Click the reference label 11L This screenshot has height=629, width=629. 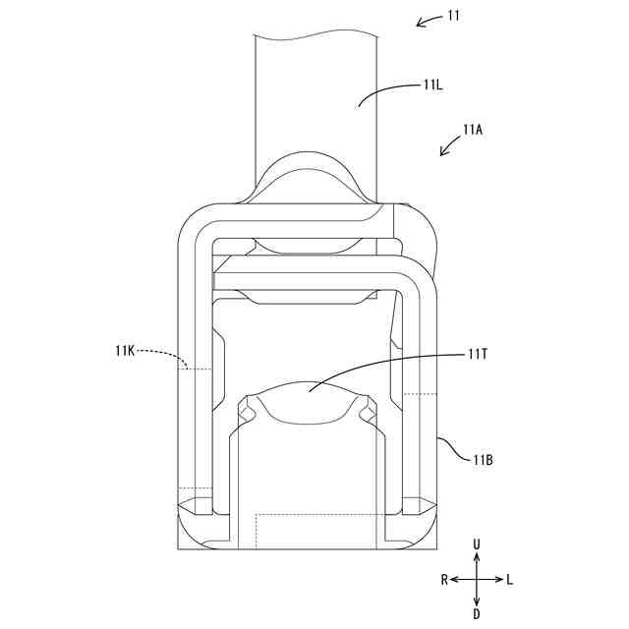[432, 86]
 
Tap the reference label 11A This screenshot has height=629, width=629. [473, 130]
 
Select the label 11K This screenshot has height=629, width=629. [125, 352]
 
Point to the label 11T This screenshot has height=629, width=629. [477, 355]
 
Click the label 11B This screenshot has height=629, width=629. [483, 460]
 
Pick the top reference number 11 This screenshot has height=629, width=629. [454, 16]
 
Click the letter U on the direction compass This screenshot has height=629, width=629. [477, 544]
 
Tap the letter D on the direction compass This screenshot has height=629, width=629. [477, 613]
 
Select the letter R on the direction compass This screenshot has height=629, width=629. [444, 580]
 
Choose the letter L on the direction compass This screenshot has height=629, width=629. [509, 580]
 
